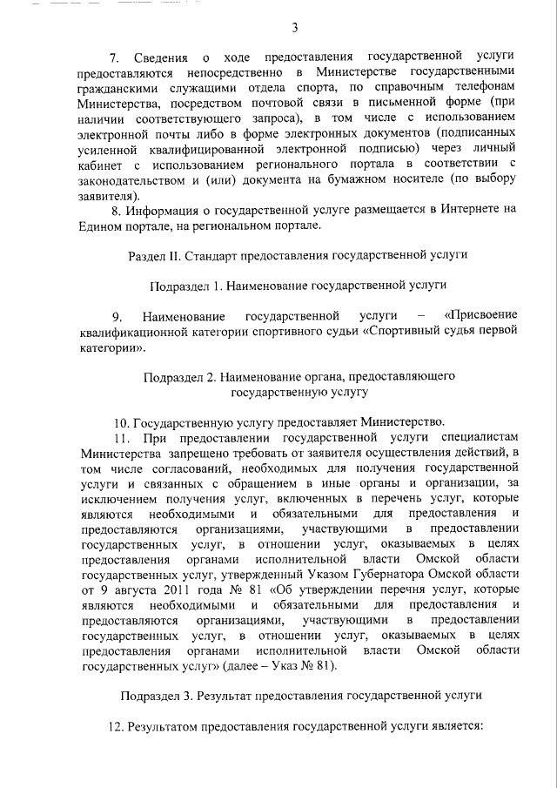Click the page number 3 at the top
click(295, 27)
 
